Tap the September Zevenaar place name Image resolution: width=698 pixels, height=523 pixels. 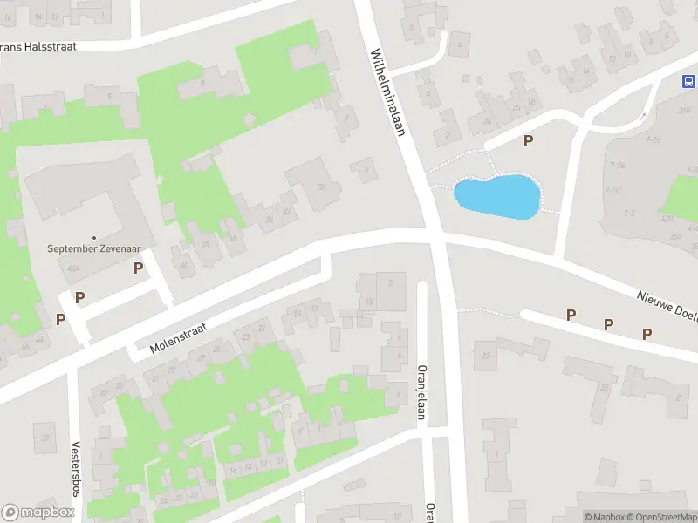click(x=94, y=248)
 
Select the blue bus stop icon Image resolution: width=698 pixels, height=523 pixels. click(x=688, y=81)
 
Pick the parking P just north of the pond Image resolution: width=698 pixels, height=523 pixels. click(x=527, y=140)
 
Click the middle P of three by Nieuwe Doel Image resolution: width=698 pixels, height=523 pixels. click(x=609, y=324)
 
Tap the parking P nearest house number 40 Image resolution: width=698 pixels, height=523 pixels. click(x=138, y=268)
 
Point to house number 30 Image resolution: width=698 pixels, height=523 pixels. click(x=323, y=187)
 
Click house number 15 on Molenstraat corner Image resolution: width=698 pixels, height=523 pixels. click(x=370, y=302)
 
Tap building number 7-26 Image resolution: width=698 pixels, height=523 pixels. click(x=652, y=139)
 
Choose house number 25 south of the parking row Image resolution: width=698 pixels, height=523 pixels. click(x=603, y=386)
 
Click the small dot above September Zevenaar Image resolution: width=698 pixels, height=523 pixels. click(x=94, y=236)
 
